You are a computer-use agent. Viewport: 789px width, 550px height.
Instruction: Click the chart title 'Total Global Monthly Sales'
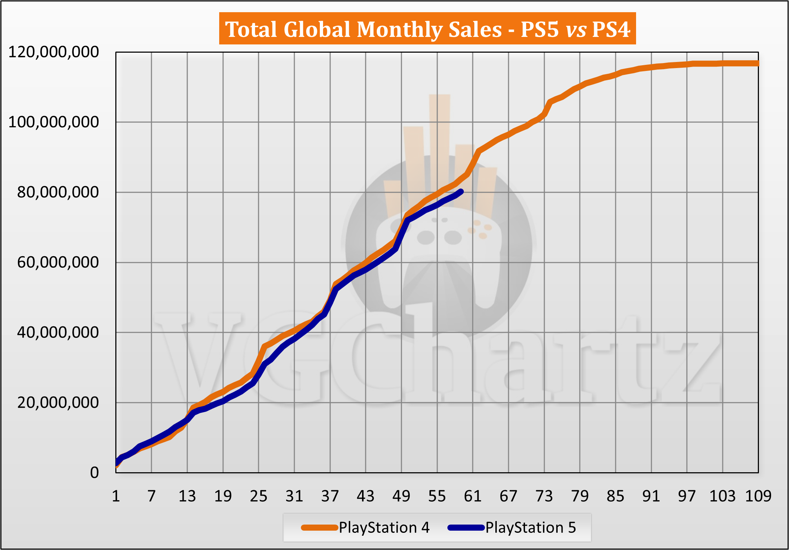click(363, 29)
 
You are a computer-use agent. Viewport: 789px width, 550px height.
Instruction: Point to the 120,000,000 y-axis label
click(53, 52)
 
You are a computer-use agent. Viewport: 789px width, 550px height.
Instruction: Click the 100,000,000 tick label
click(53, 122)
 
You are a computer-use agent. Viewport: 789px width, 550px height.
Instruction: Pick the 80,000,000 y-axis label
click(58, 192)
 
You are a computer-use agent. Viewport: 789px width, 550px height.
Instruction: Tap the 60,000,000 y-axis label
click(58, 262)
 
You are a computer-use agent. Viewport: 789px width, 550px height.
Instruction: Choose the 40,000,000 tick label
click(58, 333)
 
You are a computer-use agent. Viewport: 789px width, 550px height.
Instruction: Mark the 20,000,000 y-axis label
click(58, 403)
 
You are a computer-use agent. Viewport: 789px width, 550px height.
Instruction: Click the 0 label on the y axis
click(94, 473)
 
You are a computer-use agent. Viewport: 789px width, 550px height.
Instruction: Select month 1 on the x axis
click(116, 496)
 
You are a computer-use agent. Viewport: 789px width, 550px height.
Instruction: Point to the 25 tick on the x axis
click(259, 496)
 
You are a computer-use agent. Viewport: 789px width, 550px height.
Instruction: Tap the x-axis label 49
click(401, 496)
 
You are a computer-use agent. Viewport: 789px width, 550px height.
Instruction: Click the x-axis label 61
click(472, 496)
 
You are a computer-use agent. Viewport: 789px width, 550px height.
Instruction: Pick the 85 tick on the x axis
click(615, 496)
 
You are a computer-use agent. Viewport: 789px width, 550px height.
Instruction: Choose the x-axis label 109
click(758, 496)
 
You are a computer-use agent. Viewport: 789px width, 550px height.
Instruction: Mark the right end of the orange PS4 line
click(757, 63)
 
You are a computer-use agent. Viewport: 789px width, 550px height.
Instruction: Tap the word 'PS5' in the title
click(539, 29)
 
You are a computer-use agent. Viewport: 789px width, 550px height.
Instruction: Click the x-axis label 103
click(722, 496)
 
